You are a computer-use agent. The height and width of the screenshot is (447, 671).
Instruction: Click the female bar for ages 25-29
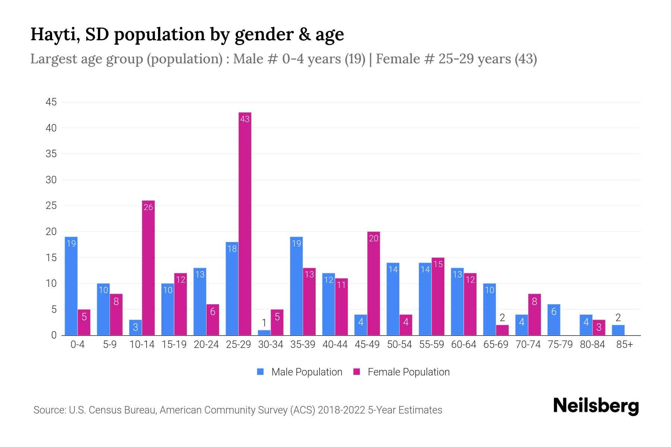245,223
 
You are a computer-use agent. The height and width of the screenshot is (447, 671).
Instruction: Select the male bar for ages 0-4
71,286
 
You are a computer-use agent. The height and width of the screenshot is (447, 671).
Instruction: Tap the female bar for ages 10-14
148,268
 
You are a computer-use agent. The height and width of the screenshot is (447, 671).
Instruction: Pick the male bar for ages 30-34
264,333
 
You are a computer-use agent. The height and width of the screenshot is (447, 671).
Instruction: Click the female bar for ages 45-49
374,283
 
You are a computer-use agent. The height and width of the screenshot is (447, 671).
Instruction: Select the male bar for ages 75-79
554,320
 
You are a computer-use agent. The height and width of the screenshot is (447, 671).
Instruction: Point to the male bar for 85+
618,330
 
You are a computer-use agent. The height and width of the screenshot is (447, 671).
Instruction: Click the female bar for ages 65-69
502,330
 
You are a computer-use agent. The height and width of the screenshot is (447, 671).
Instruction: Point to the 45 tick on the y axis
51,102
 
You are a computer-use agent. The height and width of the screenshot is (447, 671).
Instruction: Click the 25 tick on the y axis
51,206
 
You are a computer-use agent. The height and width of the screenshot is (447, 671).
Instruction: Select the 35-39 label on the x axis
303,345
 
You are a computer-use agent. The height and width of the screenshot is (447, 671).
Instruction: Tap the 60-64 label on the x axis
463,345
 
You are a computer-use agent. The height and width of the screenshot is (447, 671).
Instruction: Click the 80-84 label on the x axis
592,345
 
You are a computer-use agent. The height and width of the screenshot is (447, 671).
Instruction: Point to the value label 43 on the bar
245,119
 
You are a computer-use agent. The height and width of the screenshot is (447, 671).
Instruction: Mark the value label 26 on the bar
148,207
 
